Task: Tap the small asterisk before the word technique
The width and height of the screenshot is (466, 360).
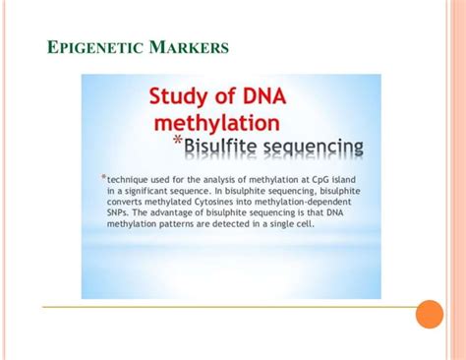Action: [x=103, y=177]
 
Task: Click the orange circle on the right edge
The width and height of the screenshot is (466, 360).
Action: [x=430, y=314]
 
